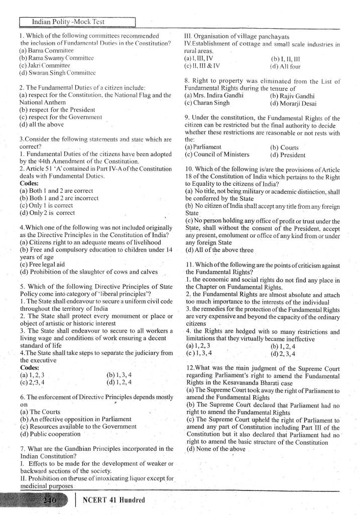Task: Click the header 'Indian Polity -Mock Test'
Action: coord(78,22)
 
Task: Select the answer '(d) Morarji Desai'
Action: coord(294,103)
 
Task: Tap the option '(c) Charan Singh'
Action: coord(207,103)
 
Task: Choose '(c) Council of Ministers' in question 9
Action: coord(217,155)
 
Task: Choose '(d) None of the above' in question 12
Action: coord(215,448)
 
